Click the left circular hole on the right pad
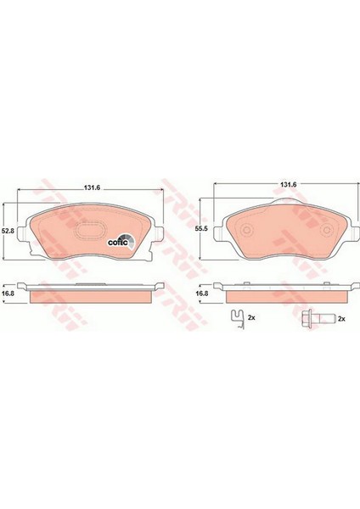click(245, 232)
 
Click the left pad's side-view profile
click(91, 294)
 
